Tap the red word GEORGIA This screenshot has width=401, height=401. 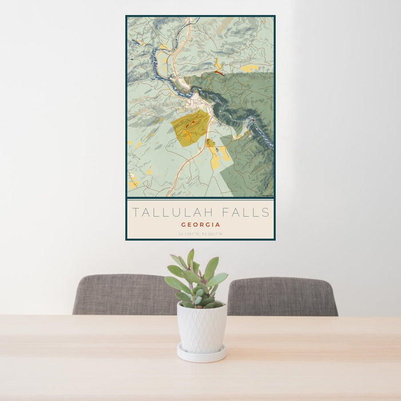tap(200, 225)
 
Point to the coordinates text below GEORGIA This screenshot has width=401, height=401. tap(200, 234)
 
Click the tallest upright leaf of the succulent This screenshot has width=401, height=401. tap(191, 260)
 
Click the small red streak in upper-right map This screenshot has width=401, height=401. tap(219, 73)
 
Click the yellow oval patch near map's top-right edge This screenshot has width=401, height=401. tap(249, 68)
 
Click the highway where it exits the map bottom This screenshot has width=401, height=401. tap(170, 195)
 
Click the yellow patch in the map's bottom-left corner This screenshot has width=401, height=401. tap(133, 184)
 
